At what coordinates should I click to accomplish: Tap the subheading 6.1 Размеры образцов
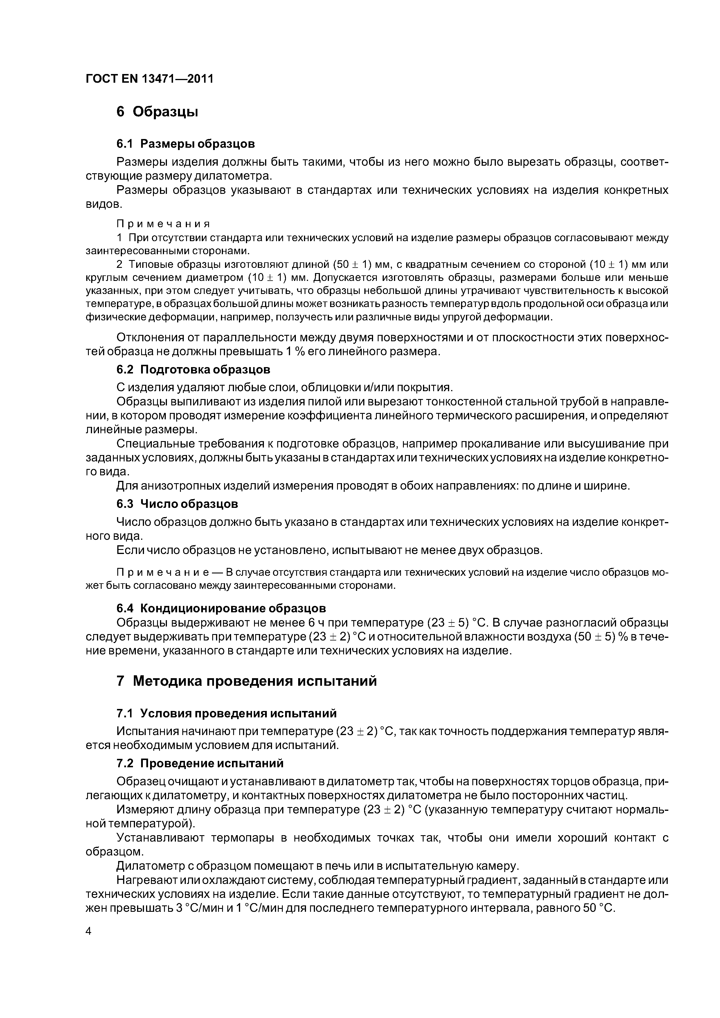[x=186, y=144]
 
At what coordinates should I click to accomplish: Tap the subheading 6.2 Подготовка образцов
[x=193, y=369]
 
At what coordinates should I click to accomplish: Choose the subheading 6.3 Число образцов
[x=177, y=504]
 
